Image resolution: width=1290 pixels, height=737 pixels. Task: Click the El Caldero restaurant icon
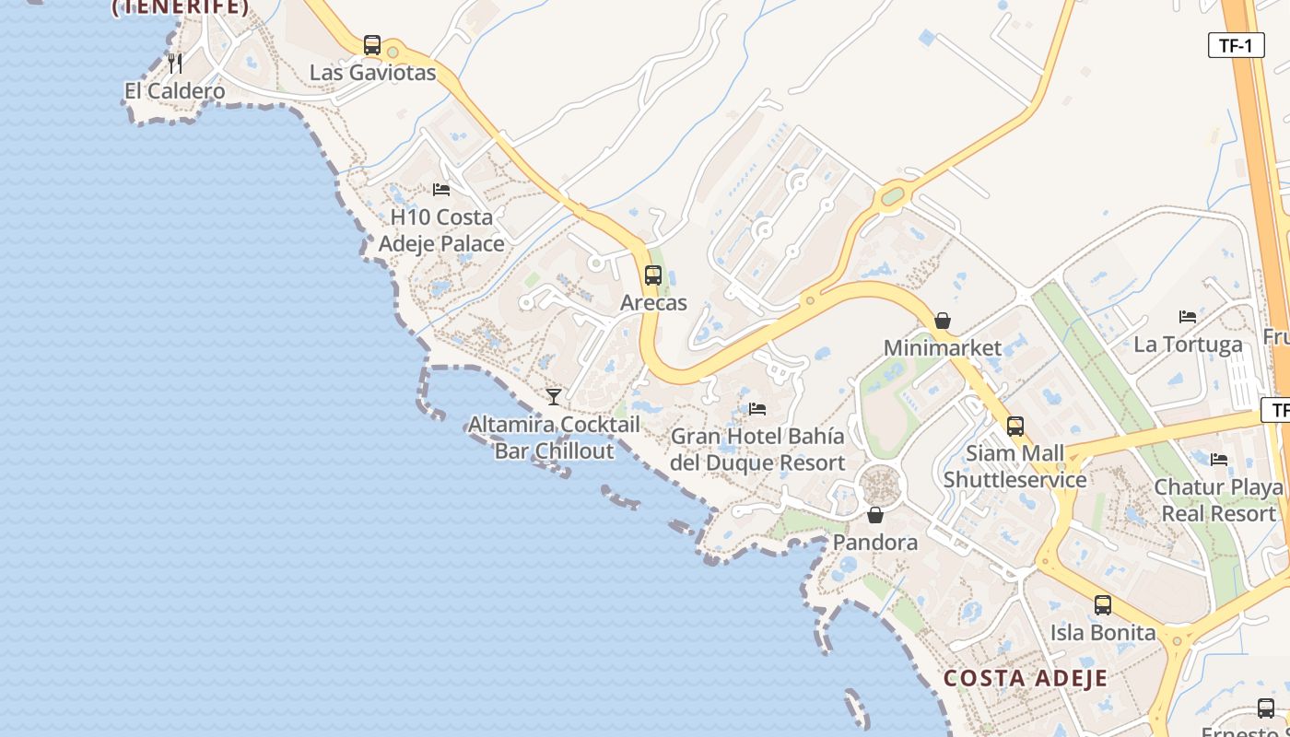174,64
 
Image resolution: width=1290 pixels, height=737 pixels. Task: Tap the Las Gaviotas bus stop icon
372,45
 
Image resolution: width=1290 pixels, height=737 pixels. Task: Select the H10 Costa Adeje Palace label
441,230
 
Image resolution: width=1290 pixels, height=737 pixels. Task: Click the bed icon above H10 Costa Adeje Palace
441,190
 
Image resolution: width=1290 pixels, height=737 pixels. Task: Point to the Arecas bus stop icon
653,275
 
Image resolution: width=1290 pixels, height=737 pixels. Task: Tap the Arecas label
653,302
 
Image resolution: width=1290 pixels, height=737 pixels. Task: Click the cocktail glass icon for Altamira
554,397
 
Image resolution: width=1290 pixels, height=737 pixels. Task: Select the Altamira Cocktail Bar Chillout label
554,438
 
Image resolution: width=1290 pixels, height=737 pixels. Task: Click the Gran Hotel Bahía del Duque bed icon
757,409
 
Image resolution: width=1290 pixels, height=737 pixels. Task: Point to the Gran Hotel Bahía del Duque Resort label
757,450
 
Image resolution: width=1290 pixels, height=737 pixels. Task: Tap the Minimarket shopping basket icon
943,322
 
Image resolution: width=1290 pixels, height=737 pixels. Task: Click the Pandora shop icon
875,515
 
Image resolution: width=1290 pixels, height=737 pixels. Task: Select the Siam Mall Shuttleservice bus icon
1015,427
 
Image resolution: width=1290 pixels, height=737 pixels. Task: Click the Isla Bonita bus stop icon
1103,605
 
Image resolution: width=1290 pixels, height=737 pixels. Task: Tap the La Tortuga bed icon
1188,317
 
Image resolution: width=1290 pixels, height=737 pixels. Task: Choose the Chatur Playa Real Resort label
1218,500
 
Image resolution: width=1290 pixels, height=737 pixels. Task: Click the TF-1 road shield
1236,46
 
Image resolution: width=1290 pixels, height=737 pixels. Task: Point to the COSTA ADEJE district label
1025,679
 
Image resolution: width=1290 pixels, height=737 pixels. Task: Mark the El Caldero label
174,91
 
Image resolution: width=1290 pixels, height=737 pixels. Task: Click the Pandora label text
875,543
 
